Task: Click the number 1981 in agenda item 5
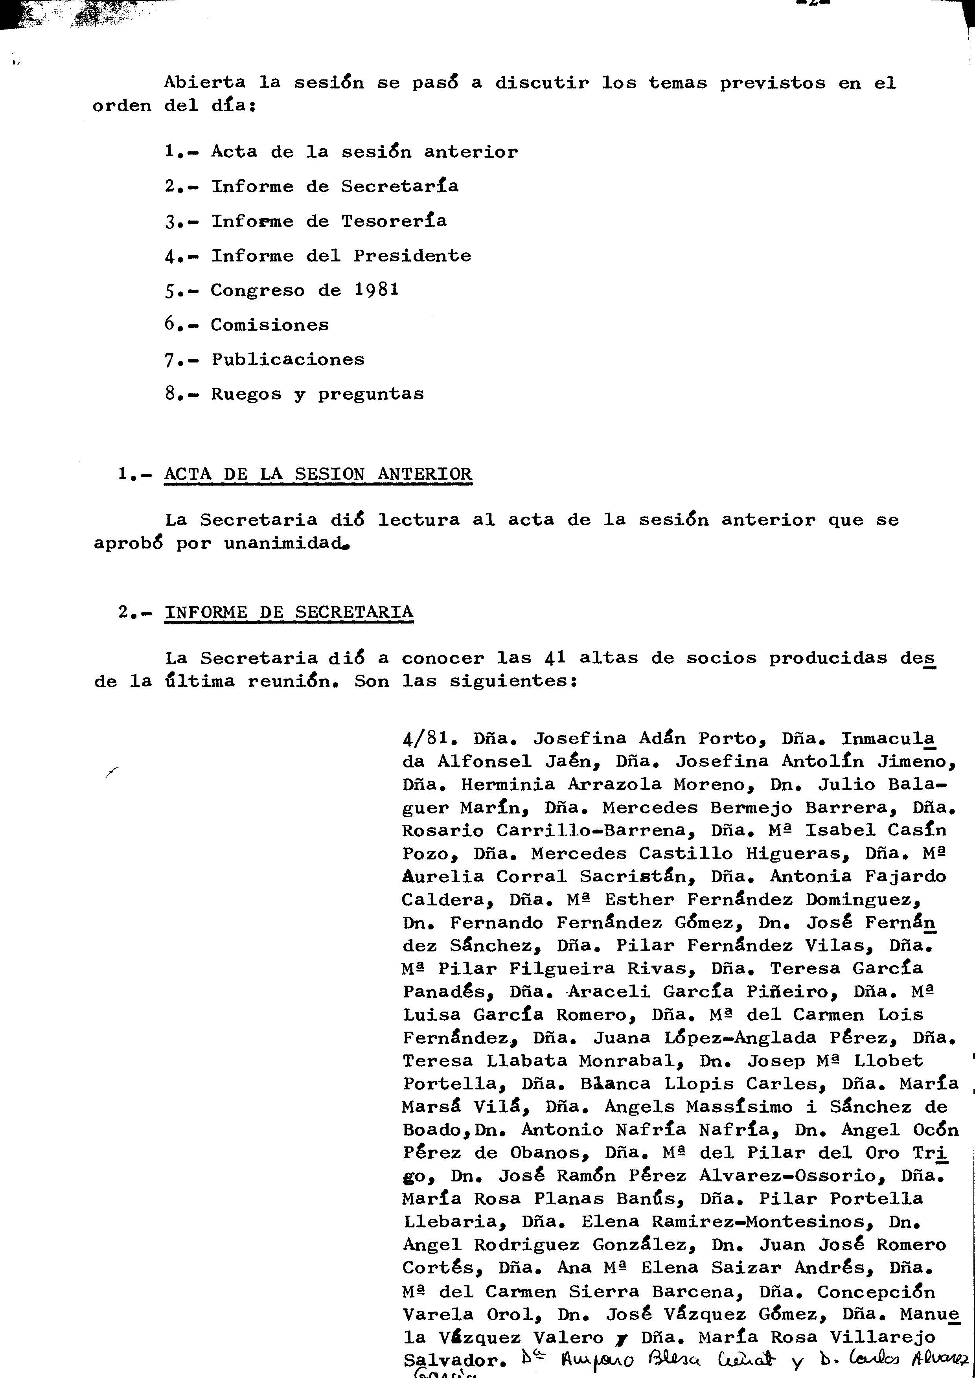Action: [x=376, y=290]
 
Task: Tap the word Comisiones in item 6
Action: [x=270, y=325]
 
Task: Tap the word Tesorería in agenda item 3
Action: [x=394, y=221]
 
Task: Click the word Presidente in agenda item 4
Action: [x=412, y=256]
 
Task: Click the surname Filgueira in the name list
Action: [x=556, y=968]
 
